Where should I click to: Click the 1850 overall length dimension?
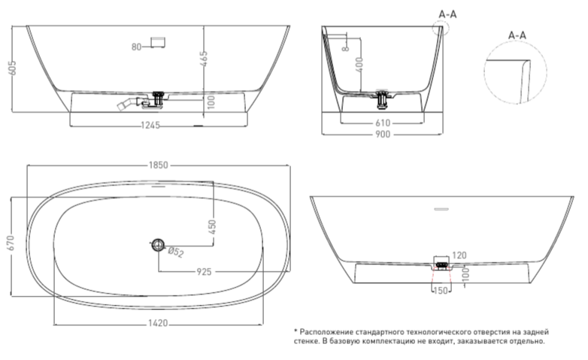coord(158,165)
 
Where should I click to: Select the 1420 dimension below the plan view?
coord(158,323)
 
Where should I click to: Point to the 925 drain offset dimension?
coord(204,271)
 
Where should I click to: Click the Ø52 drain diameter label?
coord(175,252)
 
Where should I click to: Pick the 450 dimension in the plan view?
coord(212,227)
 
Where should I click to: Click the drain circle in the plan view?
coord(158,245)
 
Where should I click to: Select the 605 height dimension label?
coord(12,68)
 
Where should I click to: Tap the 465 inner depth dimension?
coord(204,59)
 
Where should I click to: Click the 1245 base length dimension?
coord(150,126)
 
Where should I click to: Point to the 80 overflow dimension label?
coord(137,47)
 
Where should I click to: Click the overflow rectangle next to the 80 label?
coord(158,42)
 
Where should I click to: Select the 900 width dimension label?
coord(383,135)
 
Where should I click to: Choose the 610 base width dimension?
coord(383,123)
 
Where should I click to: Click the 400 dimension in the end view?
coord(360,65)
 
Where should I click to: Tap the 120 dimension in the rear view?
coord(459,256)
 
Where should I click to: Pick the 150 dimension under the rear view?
coord(441,290)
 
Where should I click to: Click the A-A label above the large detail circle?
coord(517,35)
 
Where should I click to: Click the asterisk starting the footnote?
coord(296,331)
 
